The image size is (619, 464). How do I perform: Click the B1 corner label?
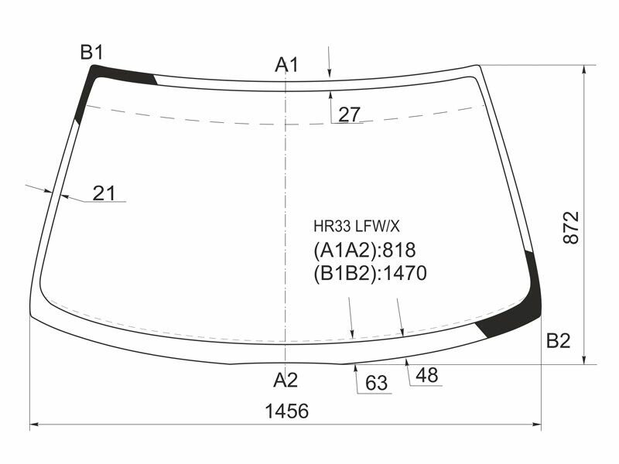coord(91,52)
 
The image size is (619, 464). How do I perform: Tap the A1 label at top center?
coord(287,65)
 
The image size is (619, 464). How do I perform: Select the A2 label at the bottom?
coord(286,380)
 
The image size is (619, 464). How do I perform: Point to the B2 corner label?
coord(558,340)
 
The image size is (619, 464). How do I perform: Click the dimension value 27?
coord(350,114)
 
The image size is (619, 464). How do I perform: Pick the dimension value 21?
coord(104,193)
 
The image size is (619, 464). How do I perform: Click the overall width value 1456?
coord(286,411)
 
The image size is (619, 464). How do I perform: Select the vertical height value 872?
coord(571,227)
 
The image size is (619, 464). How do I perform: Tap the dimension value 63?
coord(377,383)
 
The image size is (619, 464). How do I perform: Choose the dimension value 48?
coord(427,375)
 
